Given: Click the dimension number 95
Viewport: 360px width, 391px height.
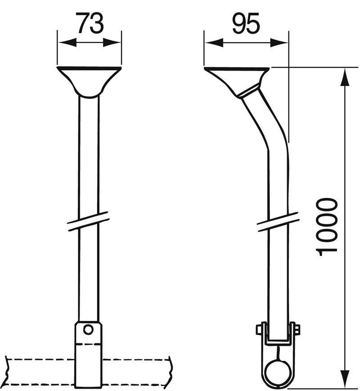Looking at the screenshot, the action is point(246,23).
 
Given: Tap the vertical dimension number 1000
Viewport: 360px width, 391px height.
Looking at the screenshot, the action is point(327,227).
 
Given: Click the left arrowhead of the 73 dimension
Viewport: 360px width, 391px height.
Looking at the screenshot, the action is point(67,42).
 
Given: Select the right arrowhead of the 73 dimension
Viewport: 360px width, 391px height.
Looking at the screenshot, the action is point(112,42).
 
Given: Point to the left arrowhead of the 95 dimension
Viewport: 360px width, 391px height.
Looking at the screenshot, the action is point(214,42).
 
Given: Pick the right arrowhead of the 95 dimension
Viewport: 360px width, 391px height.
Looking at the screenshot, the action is point(279,42).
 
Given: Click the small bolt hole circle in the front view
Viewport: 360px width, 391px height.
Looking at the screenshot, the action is point(88,330).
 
